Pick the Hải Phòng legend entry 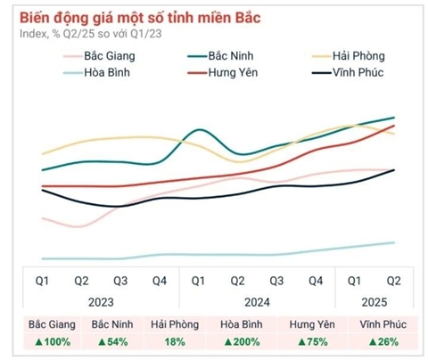pos(358,56)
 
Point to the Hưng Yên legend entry pos(231,71)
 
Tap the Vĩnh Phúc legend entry pos(358,71)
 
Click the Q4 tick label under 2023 pos(159,281)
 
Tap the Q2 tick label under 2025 pos(393,281)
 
